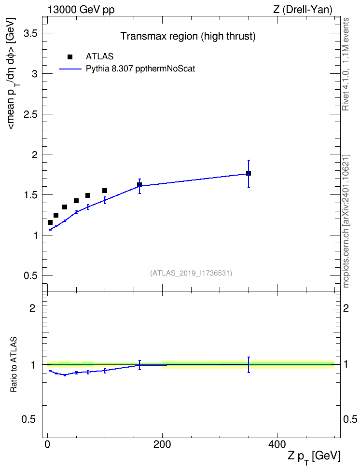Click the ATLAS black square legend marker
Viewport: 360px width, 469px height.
[x=70, y=57]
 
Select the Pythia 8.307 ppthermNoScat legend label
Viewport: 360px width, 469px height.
[x=140, y=69]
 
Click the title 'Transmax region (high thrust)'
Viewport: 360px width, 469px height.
[x=188, y=36]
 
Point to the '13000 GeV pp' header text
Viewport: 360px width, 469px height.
[x=81, y=10]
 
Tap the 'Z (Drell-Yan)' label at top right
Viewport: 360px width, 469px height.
[x=303, y=10]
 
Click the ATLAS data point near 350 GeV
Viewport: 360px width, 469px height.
[x=249, y=173]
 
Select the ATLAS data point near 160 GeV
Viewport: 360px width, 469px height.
[x=139, y=184]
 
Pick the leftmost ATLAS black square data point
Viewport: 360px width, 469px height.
[x=50, y=222]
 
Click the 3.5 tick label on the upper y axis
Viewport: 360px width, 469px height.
[x=30, y=33]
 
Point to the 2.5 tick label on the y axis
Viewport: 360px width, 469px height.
[x=30, y=114]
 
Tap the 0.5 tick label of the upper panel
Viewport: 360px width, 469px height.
[x=30, y=276]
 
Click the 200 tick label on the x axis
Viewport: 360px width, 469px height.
[x=162, y=444]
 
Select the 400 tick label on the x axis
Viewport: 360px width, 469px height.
[x=277, y=444]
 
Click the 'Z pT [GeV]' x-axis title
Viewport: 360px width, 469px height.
[x=314, y=456]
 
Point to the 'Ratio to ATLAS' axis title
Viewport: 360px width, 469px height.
[x=14, y=365]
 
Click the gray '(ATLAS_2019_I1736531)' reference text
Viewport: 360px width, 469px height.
[x=191, y=273]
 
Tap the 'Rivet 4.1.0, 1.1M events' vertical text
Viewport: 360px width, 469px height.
[x=346, y=64]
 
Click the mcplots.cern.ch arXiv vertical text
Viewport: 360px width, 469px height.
[x=346, y=221]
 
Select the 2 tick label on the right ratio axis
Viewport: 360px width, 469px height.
[x=346, y=308]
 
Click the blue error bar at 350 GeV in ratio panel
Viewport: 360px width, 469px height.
[x=249, y=365]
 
